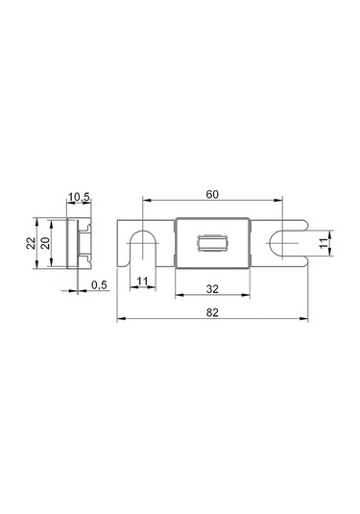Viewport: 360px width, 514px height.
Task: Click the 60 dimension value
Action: (x=212, y=194)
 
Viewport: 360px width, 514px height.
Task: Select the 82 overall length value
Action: (x=212, y=312)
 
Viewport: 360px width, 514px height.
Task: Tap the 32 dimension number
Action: (x=212, y=289)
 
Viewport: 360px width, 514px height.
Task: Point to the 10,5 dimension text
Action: (x=79, y=197)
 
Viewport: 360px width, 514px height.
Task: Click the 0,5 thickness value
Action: (x=99, y=285)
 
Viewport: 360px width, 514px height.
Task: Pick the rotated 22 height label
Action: (x=31, y=243)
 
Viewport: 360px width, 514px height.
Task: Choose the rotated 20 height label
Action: (x=45, y=243)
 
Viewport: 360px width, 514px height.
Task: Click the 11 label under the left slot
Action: (x=142, y=281)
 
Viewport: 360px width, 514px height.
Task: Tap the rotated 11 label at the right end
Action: (x=324, y=243)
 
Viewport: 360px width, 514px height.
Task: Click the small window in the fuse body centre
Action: (x=212, y=244)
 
